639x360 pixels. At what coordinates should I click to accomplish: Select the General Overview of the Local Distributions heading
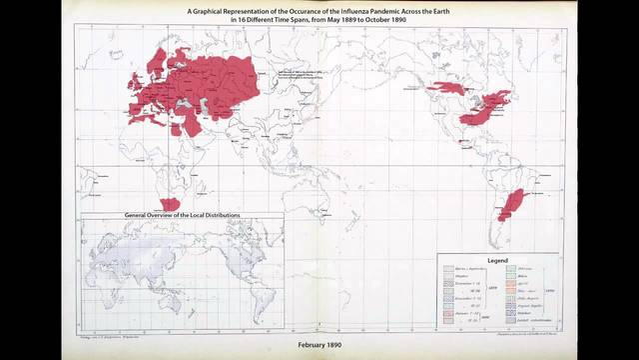click(x=181, y=215)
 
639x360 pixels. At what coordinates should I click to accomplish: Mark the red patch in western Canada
click(x=446, y=89)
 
